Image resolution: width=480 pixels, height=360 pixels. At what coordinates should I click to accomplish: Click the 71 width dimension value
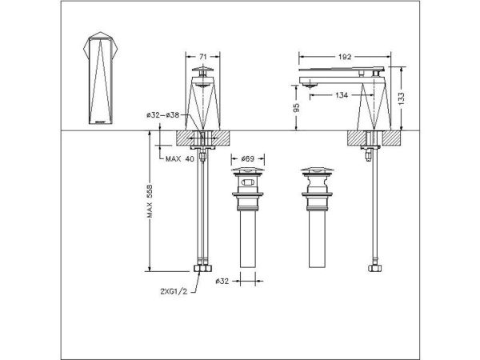click(x=203, y=57)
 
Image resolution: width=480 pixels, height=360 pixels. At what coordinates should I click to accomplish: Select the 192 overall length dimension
click(x=346, y=57)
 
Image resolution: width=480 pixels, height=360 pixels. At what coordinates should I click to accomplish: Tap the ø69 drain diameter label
click(x=247, y=159)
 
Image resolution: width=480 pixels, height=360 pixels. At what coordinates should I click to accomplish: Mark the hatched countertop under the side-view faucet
click(x=373, y=138)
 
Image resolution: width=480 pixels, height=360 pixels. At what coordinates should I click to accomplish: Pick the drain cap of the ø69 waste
click(x=247, y=171)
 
